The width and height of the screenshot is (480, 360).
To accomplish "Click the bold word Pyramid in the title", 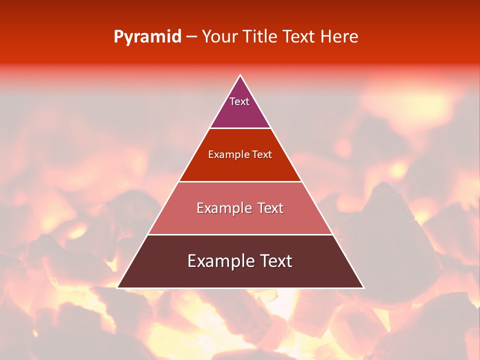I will (x=147, y=37).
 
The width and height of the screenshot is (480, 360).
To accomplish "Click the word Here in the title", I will (x=339, y=37).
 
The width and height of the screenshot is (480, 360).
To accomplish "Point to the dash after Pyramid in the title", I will (x=191, y=37).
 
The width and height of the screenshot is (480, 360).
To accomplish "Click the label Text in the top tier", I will (x=239, y=101).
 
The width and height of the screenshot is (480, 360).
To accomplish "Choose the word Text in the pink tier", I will (x=270, y=208).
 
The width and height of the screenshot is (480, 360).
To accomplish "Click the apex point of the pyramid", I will (x=240, y=75).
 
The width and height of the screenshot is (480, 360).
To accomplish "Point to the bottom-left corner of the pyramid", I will (x=117, y=287).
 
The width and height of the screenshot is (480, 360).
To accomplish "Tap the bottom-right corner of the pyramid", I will (x=363, y=287).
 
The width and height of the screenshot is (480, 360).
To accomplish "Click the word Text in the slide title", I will (x=298, y=37).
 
